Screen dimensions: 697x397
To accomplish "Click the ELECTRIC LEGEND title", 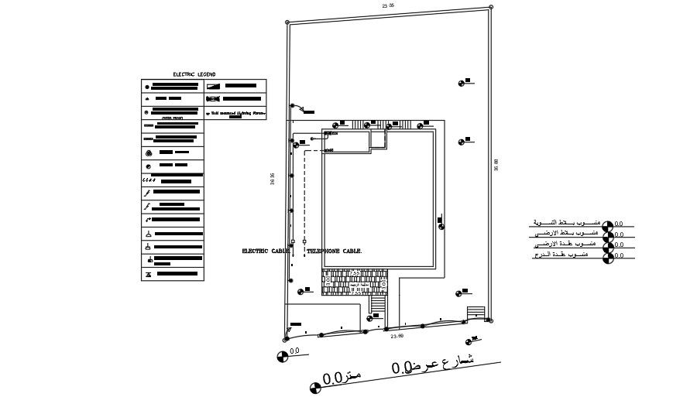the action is coord(194,74).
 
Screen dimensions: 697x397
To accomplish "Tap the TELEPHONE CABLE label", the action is coord(334,251).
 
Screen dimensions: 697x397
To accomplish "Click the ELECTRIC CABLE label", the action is coord(265,251).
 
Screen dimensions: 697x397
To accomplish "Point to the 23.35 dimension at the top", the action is coord(388,5).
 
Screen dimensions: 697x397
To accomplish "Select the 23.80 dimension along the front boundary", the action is coord(397,336).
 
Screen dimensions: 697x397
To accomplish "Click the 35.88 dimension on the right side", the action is coord(496,165).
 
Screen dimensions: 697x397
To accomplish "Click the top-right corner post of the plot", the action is coord(491,7).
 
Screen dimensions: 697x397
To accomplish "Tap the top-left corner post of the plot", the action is coord(286,22).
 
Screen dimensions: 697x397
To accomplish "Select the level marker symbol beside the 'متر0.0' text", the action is coord(315,388).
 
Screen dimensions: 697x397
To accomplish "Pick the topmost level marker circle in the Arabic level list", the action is coord(609,225).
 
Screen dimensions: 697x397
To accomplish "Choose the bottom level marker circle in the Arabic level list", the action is coord(609,256).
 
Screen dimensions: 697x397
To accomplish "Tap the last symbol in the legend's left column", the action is coord(148,273).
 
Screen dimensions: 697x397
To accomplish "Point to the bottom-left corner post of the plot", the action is coord(286,339).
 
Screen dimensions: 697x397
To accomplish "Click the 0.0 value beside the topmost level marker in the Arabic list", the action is coord(619,224).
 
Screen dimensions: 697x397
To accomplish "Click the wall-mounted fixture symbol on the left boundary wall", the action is coord(292,106).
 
